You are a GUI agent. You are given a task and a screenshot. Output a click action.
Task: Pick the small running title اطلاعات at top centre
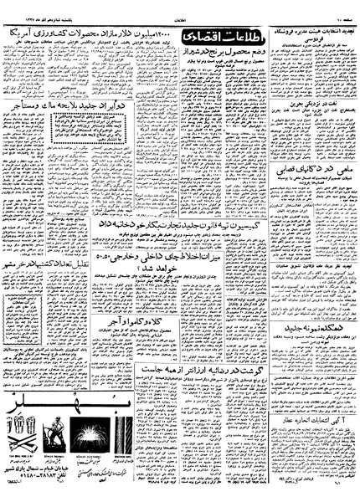[x=179, y=7]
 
